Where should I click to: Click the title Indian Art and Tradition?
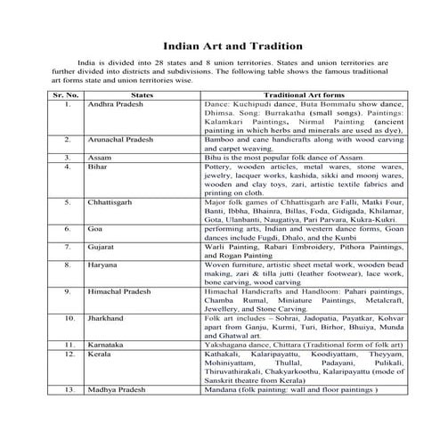point(220,45)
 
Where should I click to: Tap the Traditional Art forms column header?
point(306,94)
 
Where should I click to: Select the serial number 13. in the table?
point(66,388)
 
